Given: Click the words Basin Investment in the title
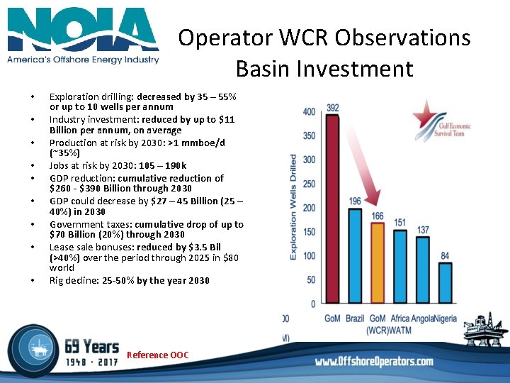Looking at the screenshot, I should pos(324,69).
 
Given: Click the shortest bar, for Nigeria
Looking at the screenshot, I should pos(445,283).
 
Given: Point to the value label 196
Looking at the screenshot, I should pos(355,201).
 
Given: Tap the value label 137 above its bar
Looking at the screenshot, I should pos(423,230).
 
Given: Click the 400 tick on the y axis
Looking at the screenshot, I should pos(309,112).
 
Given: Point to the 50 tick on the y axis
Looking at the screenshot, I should pos(311,280).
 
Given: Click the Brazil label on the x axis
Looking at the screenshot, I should pos(355,319).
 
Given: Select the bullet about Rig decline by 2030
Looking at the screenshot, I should pos(129,280).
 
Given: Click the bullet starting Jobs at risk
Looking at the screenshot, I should pos(118,166).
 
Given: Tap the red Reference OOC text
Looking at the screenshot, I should pos(157,355).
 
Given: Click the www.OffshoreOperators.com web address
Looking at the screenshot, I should pos(374,362).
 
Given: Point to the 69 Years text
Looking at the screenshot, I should pos(91,346).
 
